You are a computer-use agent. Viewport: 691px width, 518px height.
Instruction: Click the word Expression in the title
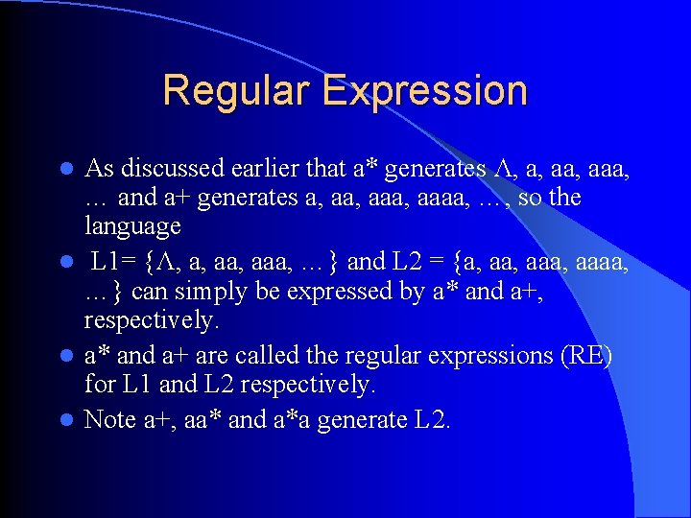(425, 91)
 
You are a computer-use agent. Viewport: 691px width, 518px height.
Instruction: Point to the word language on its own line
(132, 227)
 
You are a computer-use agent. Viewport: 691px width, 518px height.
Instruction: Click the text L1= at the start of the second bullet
(115, 261)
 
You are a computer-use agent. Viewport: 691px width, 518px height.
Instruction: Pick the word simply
(216, 290)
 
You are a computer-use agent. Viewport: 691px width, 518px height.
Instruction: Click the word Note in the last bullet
(110, 420)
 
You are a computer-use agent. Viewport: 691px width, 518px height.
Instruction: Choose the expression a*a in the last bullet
(295, 420)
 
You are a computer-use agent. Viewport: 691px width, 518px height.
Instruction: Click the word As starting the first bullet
(100, 169)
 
